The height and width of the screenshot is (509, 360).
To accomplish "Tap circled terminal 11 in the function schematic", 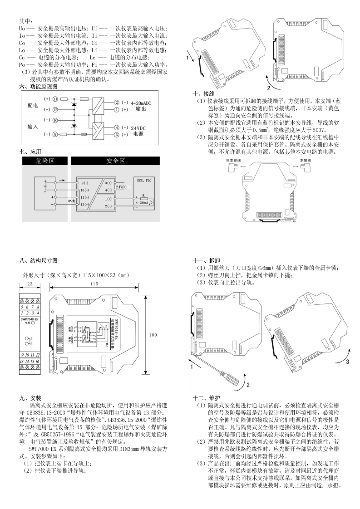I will coord(55,98).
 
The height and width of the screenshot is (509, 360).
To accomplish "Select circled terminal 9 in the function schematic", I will coord(55,134).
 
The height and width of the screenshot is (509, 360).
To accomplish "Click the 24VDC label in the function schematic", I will coord(138,128).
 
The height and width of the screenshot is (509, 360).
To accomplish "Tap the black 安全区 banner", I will coord(115,161).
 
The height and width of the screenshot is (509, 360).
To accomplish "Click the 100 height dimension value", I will coord(153,334).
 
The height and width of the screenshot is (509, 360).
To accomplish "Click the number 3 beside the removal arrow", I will coord(347,362).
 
